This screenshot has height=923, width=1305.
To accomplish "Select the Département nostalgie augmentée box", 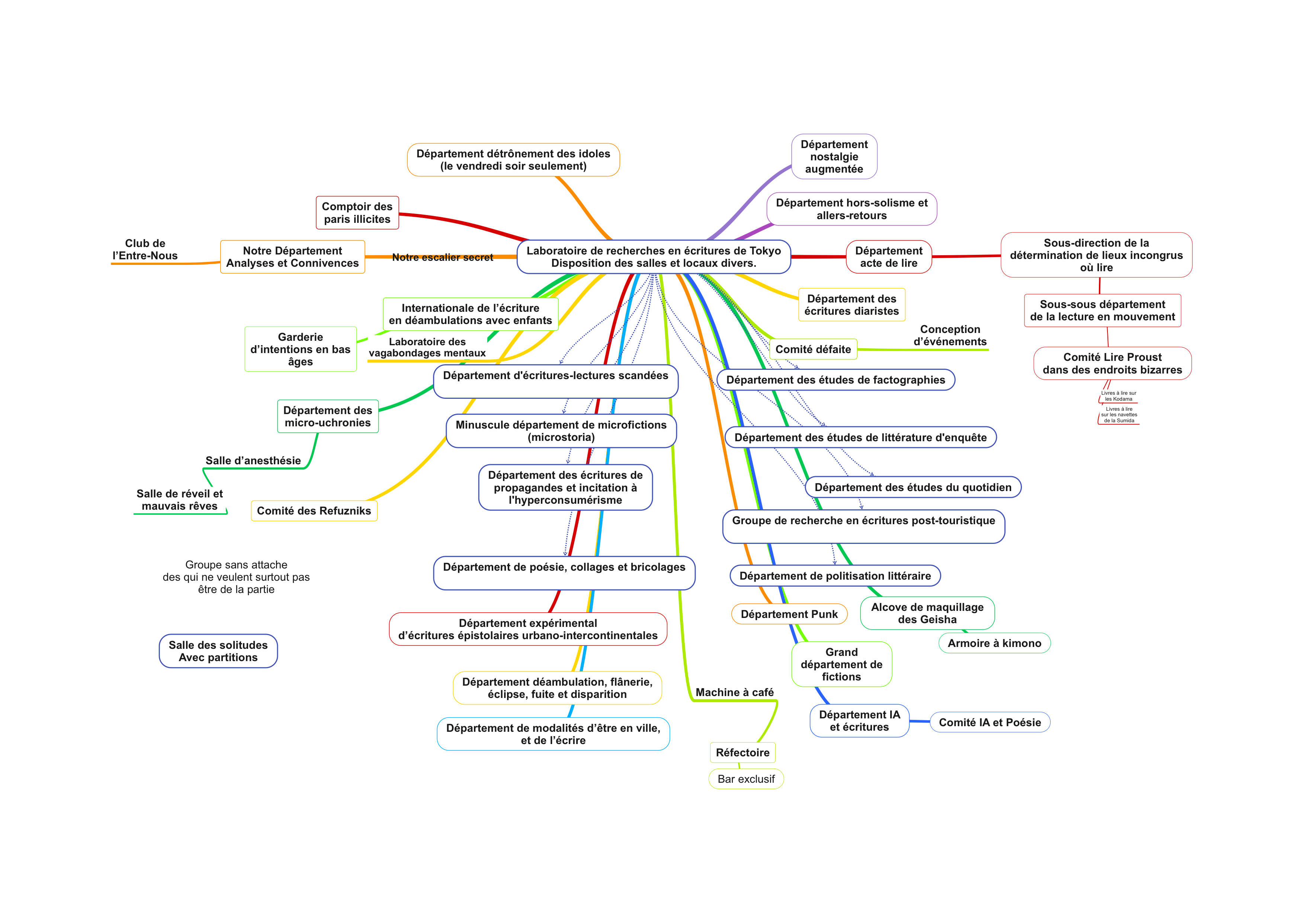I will pyautogui.click(x=834, y=157).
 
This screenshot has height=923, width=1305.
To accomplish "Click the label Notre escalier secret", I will pyautogui.click(x=442, y=257).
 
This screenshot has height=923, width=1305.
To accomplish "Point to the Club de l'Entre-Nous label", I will pyautogui.click(x=145, y=250).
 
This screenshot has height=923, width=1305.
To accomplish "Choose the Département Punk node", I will pyautogui.click(x=789, y=614).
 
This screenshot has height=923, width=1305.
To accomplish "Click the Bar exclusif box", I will pyautogui.click(x=746, y=779).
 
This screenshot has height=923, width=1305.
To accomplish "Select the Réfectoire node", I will pyautogui.click(x=742, y=753).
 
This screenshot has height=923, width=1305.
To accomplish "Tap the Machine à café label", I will pyautogui.click(x=734, y=692).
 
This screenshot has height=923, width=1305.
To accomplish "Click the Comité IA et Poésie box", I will pyautogui.click(x=990, y=722).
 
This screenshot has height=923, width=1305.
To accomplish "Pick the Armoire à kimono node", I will pyautogui.click(x=994, y=643).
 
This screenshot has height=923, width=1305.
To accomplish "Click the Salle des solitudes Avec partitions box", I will pyautogui.click(x=218, y=651).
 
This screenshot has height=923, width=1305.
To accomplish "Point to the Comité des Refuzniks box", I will pyautogui.click(x=314, y=511).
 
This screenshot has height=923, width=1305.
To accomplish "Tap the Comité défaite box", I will pyautogui.click(x=813, y=350).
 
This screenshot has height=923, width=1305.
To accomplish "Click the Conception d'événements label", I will pyautogui.click(x=950, y=335).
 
